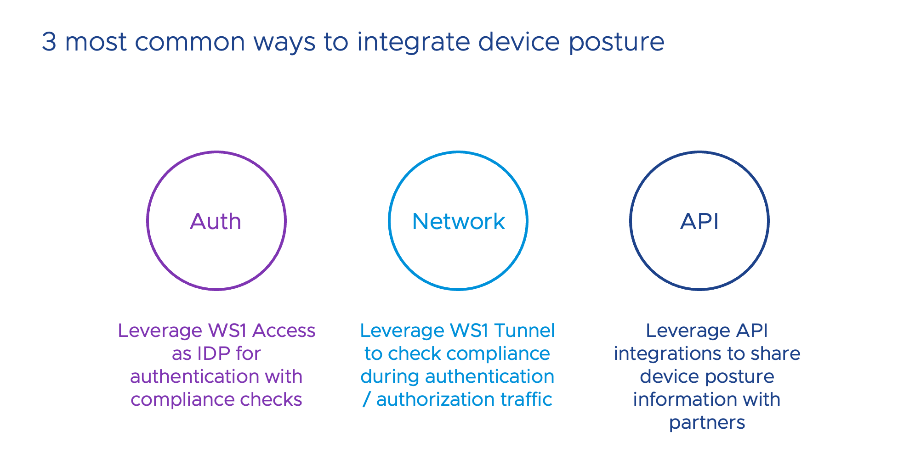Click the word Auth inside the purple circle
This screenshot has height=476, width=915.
click(x=216, y=221)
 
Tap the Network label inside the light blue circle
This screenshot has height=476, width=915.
click(x=458, y=221)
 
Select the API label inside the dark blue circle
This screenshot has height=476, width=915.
click(x=699, y=221)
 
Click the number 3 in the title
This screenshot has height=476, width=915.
click(x=49, y=42)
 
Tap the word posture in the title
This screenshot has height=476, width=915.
click(x=616, y=43)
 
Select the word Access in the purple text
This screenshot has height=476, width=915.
click(x=284, y=330)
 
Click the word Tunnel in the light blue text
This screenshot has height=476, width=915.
click(x=524, y=330)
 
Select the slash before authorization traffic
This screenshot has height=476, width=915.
click(x=366, y=400)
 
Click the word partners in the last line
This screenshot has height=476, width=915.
click(x=707, y=423)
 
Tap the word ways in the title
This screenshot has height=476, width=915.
click(x=284, y=43)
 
